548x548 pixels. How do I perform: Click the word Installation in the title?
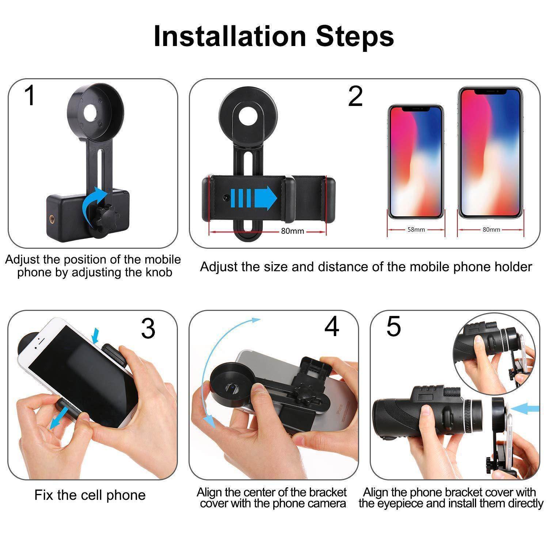click(x=229, y=36)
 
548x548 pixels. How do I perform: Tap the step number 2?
click(x=355, y=97)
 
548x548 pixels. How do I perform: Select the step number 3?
click(x=148, y=328)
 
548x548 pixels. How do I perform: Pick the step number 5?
click(x=393, y=326)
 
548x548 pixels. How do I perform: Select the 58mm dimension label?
click(x=416, y=230)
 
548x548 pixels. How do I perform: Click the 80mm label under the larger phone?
click(x=491, y=229)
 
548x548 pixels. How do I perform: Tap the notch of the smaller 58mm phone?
click(x=415, y=109)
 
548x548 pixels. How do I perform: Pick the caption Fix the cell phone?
click(x=90, y=495)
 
